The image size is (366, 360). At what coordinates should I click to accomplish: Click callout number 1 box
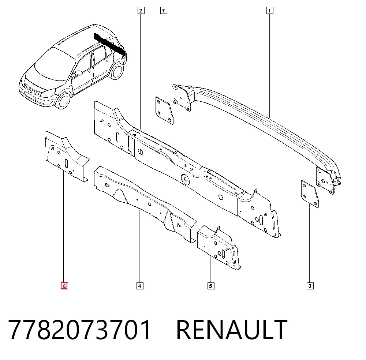coord(270,11)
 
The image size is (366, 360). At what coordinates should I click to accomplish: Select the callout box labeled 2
coord(141,11)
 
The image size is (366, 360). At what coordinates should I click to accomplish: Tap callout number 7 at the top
coord(164,11)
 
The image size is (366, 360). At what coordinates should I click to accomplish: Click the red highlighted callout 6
coord(64,286)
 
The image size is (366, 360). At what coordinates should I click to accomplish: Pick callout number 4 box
coord(140,286)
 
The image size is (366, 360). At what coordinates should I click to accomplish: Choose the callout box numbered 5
coord(211,286)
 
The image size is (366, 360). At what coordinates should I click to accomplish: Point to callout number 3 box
coord(310,286)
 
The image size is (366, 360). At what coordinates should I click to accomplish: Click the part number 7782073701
coord(79,329)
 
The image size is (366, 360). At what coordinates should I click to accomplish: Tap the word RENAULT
coord(232,329)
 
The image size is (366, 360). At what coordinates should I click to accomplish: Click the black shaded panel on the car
coord(109,44)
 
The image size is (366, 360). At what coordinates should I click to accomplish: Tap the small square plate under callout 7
coord(164,110)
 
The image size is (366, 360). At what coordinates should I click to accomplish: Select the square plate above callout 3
coord(310,194)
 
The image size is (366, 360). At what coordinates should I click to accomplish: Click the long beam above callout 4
coord(145,204)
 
